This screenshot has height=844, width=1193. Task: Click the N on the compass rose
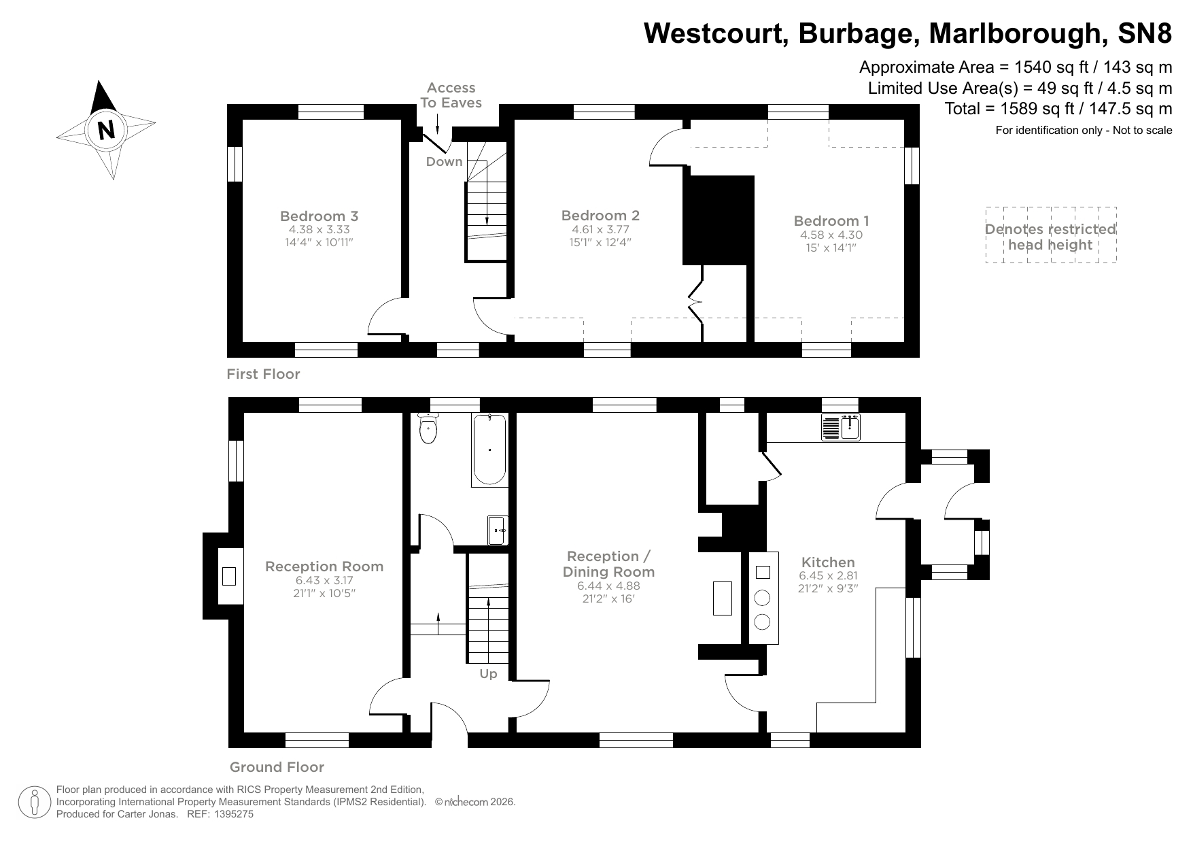[107, 129]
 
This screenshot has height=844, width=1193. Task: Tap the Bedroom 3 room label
[319, 216]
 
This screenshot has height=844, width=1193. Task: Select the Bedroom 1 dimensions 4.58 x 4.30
[831, 235]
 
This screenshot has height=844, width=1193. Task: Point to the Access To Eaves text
[451, 95]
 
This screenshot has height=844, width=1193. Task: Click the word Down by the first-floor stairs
[444, 162]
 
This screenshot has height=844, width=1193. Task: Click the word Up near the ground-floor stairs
[488, 674]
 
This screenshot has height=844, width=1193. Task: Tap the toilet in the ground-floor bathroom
[428, 428]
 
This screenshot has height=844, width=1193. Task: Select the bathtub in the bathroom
[489, 449]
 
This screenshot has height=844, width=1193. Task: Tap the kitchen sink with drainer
[841, 427]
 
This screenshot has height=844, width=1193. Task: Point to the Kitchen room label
[828, 562]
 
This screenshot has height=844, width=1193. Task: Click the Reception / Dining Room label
[608, 564]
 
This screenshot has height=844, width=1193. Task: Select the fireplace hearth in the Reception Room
[229, 576]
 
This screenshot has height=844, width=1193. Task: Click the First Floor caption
[263, 374]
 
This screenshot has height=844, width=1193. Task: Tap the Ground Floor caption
[277, 767]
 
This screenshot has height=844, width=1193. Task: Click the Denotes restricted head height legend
[1050, 237]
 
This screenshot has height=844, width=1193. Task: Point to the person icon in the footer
[35, 803]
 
